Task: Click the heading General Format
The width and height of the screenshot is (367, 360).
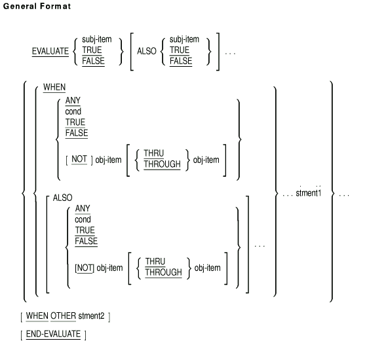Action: pos(37,6)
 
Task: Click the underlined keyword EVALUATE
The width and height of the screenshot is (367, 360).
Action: pos(50,51)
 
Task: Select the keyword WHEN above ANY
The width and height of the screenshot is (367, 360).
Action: pos(54,87)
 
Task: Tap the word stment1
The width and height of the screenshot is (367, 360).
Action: pos(309,193)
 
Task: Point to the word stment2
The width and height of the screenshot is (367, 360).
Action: pos(91,315)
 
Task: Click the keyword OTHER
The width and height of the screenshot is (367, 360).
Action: pos(63,315)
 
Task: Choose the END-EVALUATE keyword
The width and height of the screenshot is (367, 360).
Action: pos(53,334)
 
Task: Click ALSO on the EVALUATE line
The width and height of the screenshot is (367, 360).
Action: pos(147,51)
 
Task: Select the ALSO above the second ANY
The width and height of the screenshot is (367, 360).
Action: pos(62,198)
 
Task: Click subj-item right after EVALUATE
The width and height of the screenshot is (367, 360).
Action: pos(97,39)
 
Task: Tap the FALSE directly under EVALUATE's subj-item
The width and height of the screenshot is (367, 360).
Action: pos(93,61)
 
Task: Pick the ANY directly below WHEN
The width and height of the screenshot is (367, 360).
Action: pos(73,101)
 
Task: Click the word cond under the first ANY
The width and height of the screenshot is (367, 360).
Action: pos(73,111)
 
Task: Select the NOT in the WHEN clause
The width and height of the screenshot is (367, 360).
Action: pos(79,159)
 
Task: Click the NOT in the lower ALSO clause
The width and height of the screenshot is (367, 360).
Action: pos(85,268)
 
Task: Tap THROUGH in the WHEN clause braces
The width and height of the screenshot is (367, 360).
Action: pos(163,164)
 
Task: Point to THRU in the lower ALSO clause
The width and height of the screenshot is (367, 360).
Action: pos(155,261)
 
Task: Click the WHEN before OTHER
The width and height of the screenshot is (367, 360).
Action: pos(37,315)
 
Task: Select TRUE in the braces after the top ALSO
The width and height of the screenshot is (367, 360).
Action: pos(180,50)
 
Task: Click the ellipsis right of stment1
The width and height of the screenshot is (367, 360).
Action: pos(344,195)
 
